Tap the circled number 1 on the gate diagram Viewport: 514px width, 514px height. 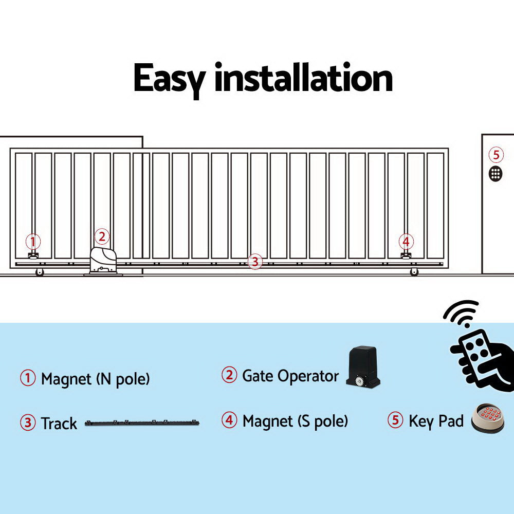(x=33, y=241)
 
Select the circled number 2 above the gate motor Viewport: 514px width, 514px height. (x=102, y=236)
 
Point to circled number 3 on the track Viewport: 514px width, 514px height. (x=254, y=262)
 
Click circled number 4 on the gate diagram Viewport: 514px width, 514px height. (x=406, y=241)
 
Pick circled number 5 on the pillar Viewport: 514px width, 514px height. (x=495, y=154)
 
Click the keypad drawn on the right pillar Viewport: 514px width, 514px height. (x=495, y=174)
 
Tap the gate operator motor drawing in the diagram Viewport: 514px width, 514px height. (x=104, y=261)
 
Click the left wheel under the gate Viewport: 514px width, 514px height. (x=40, y=272)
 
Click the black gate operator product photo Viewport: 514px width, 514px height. (x=362, y=368)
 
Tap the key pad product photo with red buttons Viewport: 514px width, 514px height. (x=488, y=418)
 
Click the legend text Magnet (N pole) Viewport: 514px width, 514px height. (x=95, y=379)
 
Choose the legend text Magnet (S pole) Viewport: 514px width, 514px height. (x=295, y=421)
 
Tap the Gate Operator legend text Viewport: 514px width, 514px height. (x=290, y=376)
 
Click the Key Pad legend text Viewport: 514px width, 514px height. (x=436, y=421)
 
